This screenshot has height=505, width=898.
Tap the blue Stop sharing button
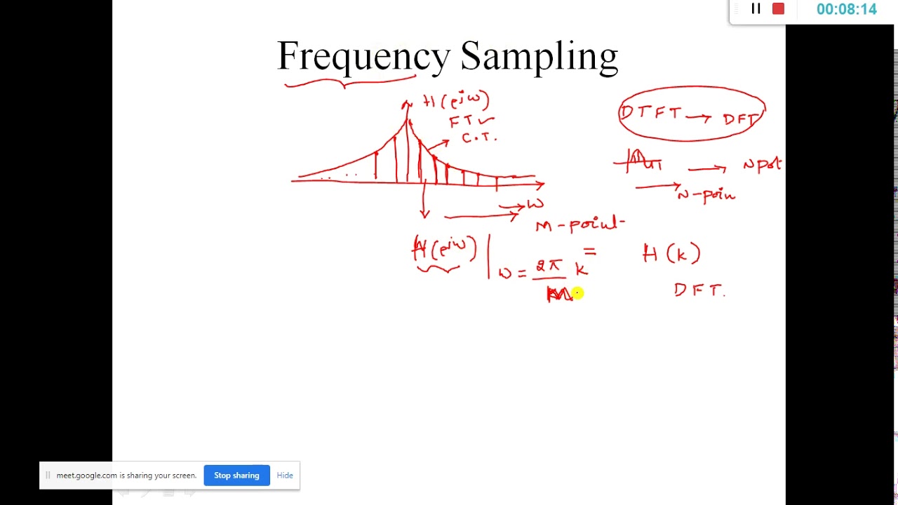point(236,476)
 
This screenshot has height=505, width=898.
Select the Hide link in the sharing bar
point(285,476)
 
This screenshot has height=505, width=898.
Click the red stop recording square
point(778,9)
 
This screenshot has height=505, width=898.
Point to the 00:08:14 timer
point(846,10)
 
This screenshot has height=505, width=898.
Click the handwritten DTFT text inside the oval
point(650,113)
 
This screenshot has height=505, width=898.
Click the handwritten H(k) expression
point(671,253)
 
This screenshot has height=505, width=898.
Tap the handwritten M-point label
point(579,224)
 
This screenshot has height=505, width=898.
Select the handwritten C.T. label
point(479,137)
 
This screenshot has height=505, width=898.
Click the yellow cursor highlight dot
point(577,294)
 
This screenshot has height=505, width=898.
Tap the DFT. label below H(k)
point(699,290)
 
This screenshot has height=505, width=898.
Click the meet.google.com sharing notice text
point(126,476)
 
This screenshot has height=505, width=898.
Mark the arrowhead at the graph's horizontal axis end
point(540,184)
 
